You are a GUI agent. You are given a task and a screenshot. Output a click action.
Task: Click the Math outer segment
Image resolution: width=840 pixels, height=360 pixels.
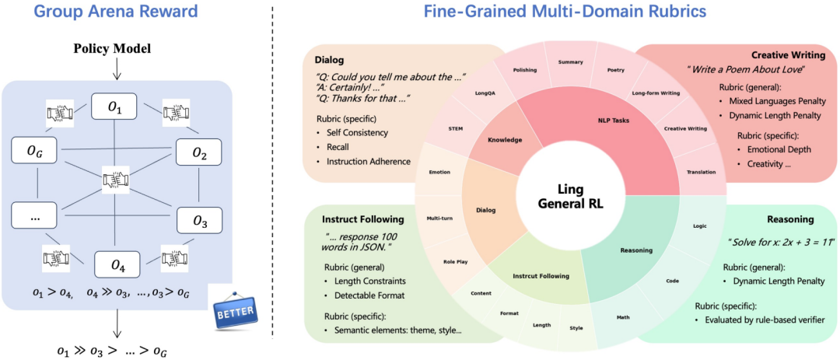624,317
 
